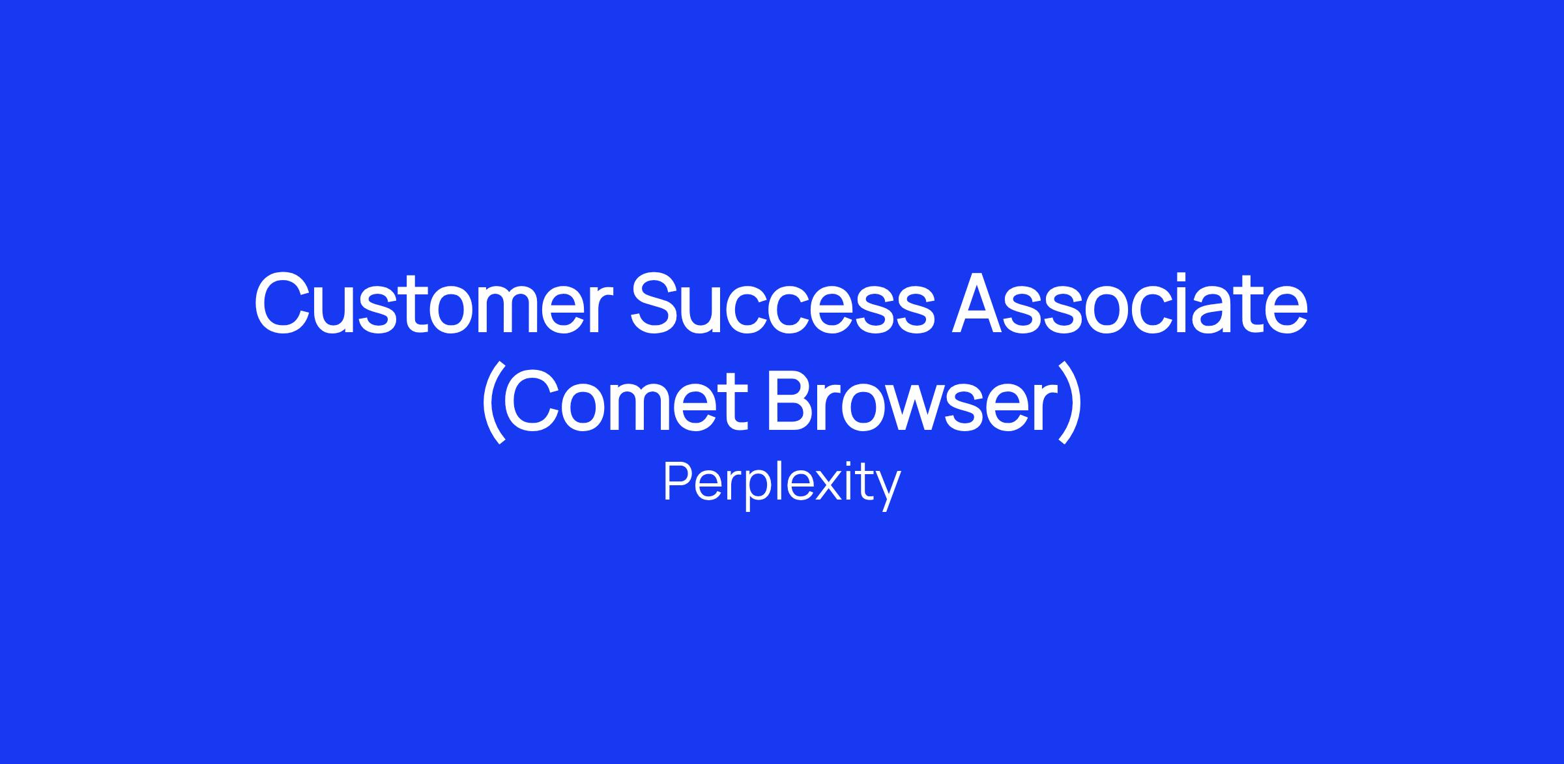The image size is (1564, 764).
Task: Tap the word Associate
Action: click(1130, 304)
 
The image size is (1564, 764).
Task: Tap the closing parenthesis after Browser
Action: click(1071, 401)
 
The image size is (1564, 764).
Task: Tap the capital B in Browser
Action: click(793, 400)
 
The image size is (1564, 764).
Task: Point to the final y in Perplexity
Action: click(888, 492)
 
